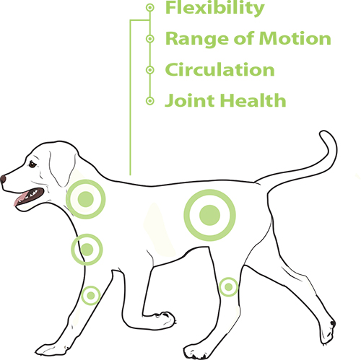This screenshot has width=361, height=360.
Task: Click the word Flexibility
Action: pos(214,8)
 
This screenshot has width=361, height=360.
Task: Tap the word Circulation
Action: pos(219,70)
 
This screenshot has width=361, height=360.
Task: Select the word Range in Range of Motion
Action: pos(196,39)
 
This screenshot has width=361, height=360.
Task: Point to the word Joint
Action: pos(190,100)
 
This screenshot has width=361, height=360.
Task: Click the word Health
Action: pos(253,100)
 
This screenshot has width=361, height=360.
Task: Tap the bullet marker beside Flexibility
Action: pos(150,7)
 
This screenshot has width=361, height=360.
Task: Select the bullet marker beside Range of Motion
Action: pos(150,38)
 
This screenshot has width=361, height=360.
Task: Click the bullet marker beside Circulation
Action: pos(150,70)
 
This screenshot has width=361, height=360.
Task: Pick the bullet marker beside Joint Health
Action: pos(150,101)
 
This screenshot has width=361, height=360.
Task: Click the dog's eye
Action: pos(32,164)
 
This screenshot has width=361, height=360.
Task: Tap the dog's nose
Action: pos(3,179)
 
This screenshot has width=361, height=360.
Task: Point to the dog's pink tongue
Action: pos(19,198)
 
